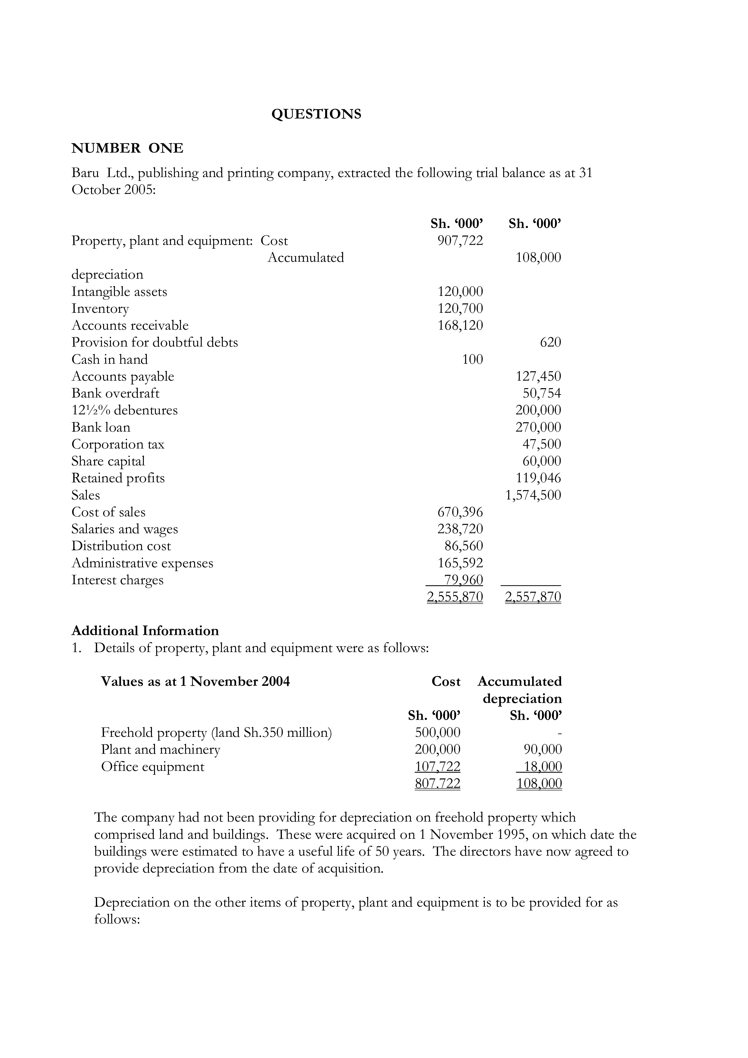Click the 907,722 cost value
[460, 241]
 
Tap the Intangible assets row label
[119, 292]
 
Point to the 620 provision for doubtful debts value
[551, 342]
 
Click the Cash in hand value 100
[472, 360]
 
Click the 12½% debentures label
[124, 410]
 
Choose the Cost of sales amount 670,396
[460, 512]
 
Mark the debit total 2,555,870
[455, 597]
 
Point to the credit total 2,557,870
[533, 597]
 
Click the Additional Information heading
[145, 631]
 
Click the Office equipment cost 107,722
[437, 767]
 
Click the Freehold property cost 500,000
[437, 733]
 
